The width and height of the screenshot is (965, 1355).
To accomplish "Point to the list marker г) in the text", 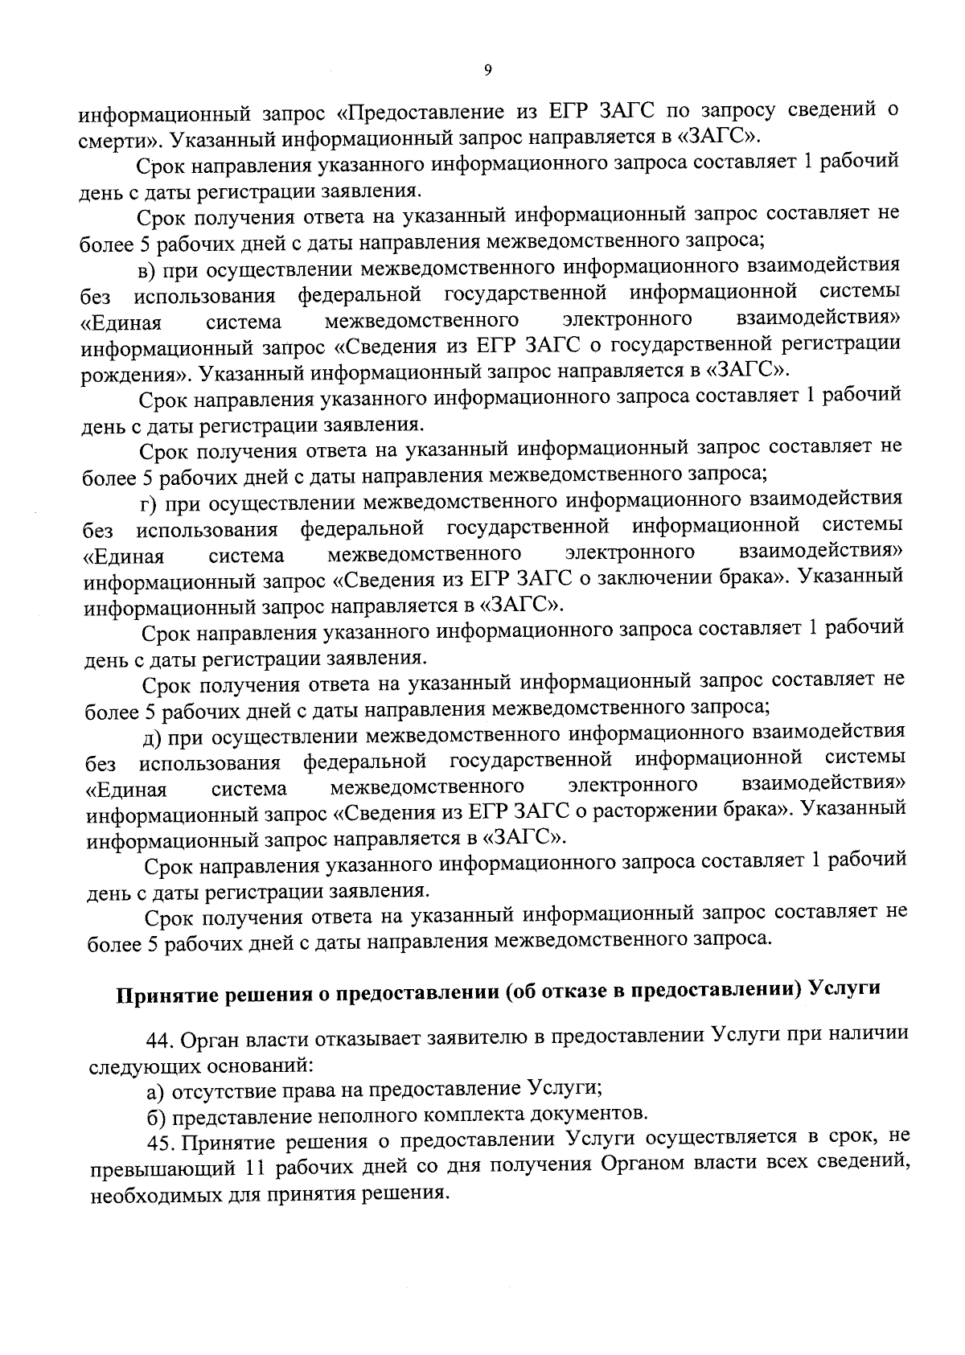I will [151, 503].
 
